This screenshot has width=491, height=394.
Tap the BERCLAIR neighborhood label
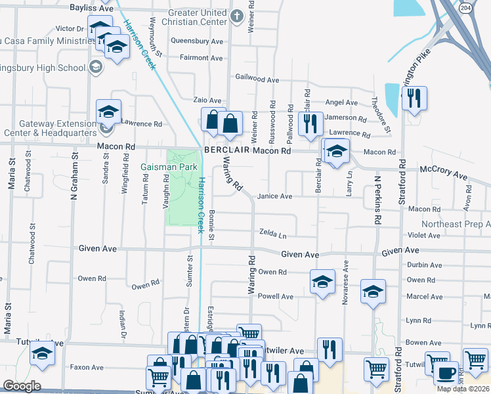[x=226, y=150]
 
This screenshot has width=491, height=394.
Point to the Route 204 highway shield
[x=465, y=7]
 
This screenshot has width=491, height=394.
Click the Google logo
[x=22, y=386]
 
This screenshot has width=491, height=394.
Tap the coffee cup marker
[x=446, y=372]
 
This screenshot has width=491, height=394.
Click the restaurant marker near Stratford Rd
[x=414, y=98]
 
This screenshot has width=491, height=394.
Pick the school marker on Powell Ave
[x=322, y=282]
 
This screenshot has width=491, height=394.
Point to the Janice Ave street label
[x=274, y=196]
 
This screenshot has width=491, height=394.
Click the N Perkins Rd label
[x=377, y=200]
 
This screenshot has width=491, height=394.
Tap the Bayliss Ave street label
[x=91, y=9]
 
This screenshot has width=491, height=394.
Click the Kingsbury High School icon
[x=95, y=67]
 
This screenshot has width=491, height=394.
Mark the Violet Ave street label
[x=424, y=235]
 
